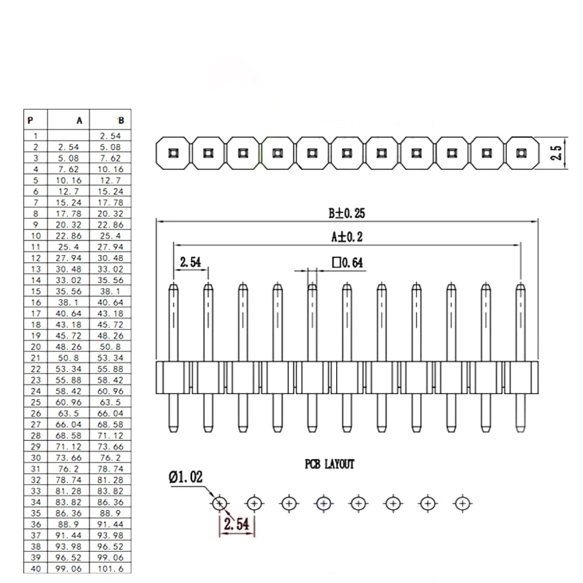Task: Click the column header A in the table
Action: [79, 121]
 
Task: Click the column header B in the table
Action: [121, 121]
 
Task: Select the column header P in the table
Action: [30, 121]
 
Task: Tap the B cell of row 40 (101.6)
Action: [110, 568]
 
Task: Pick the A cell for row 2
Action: [68, 147]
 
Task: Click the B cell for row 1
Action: [110, 136]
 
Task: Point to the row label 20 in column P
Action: [36, 347]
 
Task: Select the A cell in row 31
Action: [68, 469]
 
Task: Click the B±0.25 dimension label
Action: [346, 213]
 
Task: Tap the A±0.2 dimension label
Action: [347, 237]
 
